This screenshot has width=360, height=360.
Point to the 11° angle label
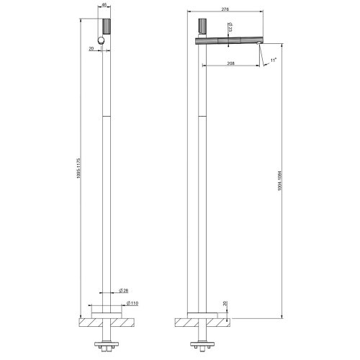pyautogui.click(x=275, y=62)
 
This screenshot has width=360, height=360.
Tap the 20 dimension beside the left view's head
pyautogui.click(x=91, y=49)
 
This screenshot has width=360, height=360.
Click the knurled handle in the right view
pyautogui.click(x=202, y=27)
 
